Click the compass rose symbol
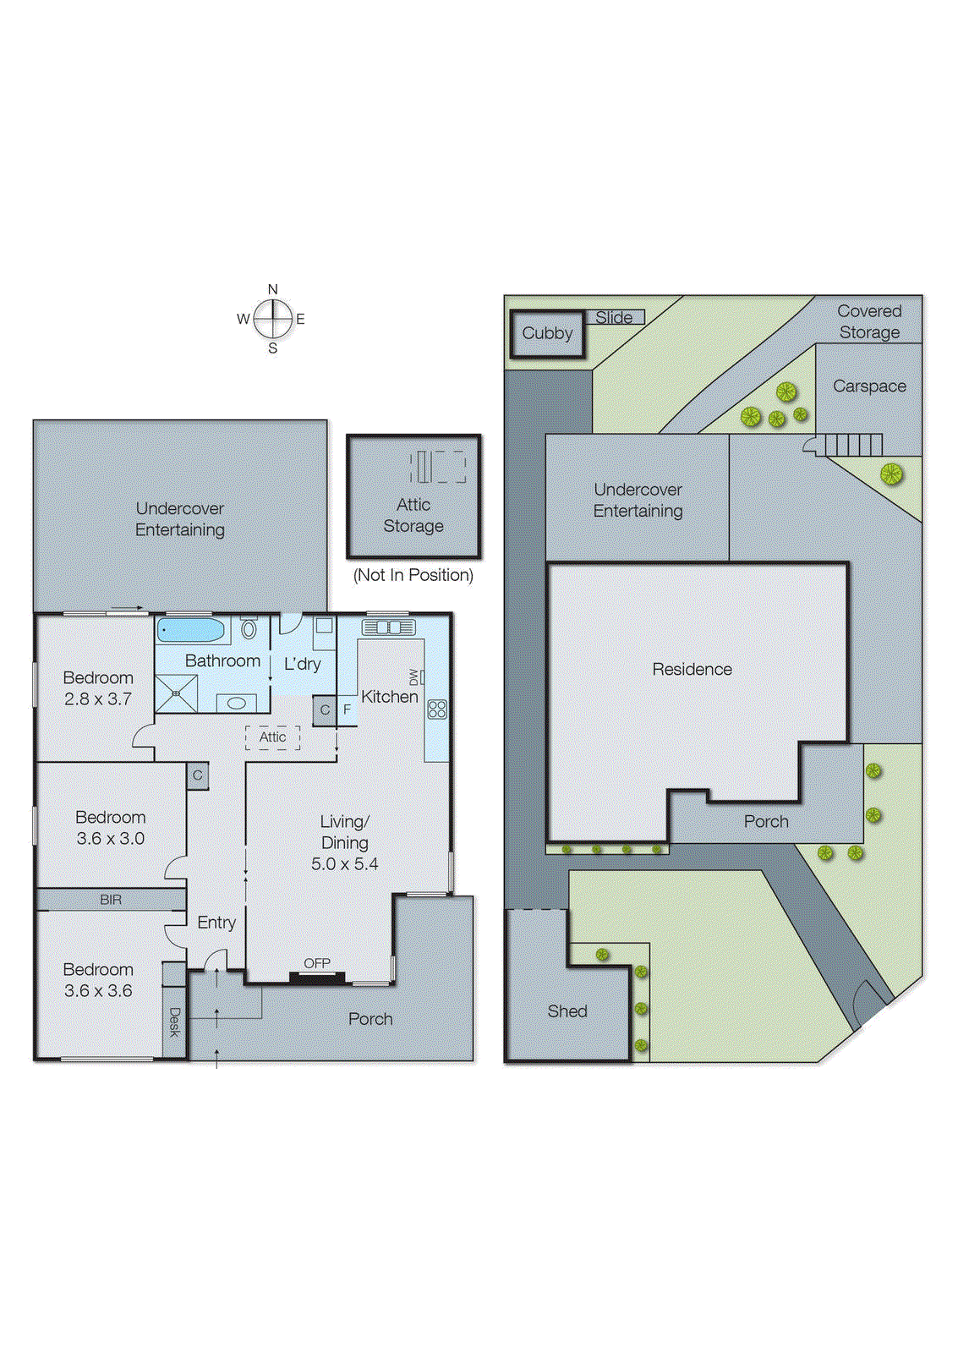coord(272,319)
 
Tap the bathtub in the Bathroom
coord(192,631)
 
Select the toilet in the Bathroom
coord(249,628)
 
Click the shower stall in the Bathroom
coord(177,693)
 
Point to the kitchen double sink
coord(388,627)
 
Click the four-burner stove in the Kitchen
coord(437,709)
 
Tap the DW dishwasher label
coord(413,676)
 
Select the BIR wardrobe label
coord(111,900)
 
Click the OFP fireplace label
coord(317,963)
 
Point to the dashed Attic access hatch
coord(272,737)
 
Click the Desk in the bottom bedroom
coord(174,1022)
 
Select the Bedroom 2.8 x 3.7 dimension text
coord(98,699)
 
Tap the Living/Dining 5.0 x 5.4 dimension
coord(344,863)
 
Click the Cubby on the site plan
coord(547,333)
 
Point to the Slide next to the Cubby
coord(615,317)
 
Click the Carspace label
coord(868,386)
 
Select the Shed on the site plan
coord(567,1011)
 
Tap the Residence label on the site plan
coord(692,669)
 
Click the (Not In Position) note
coord(413,575)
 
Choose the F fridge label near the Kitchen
coord(347,709)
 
